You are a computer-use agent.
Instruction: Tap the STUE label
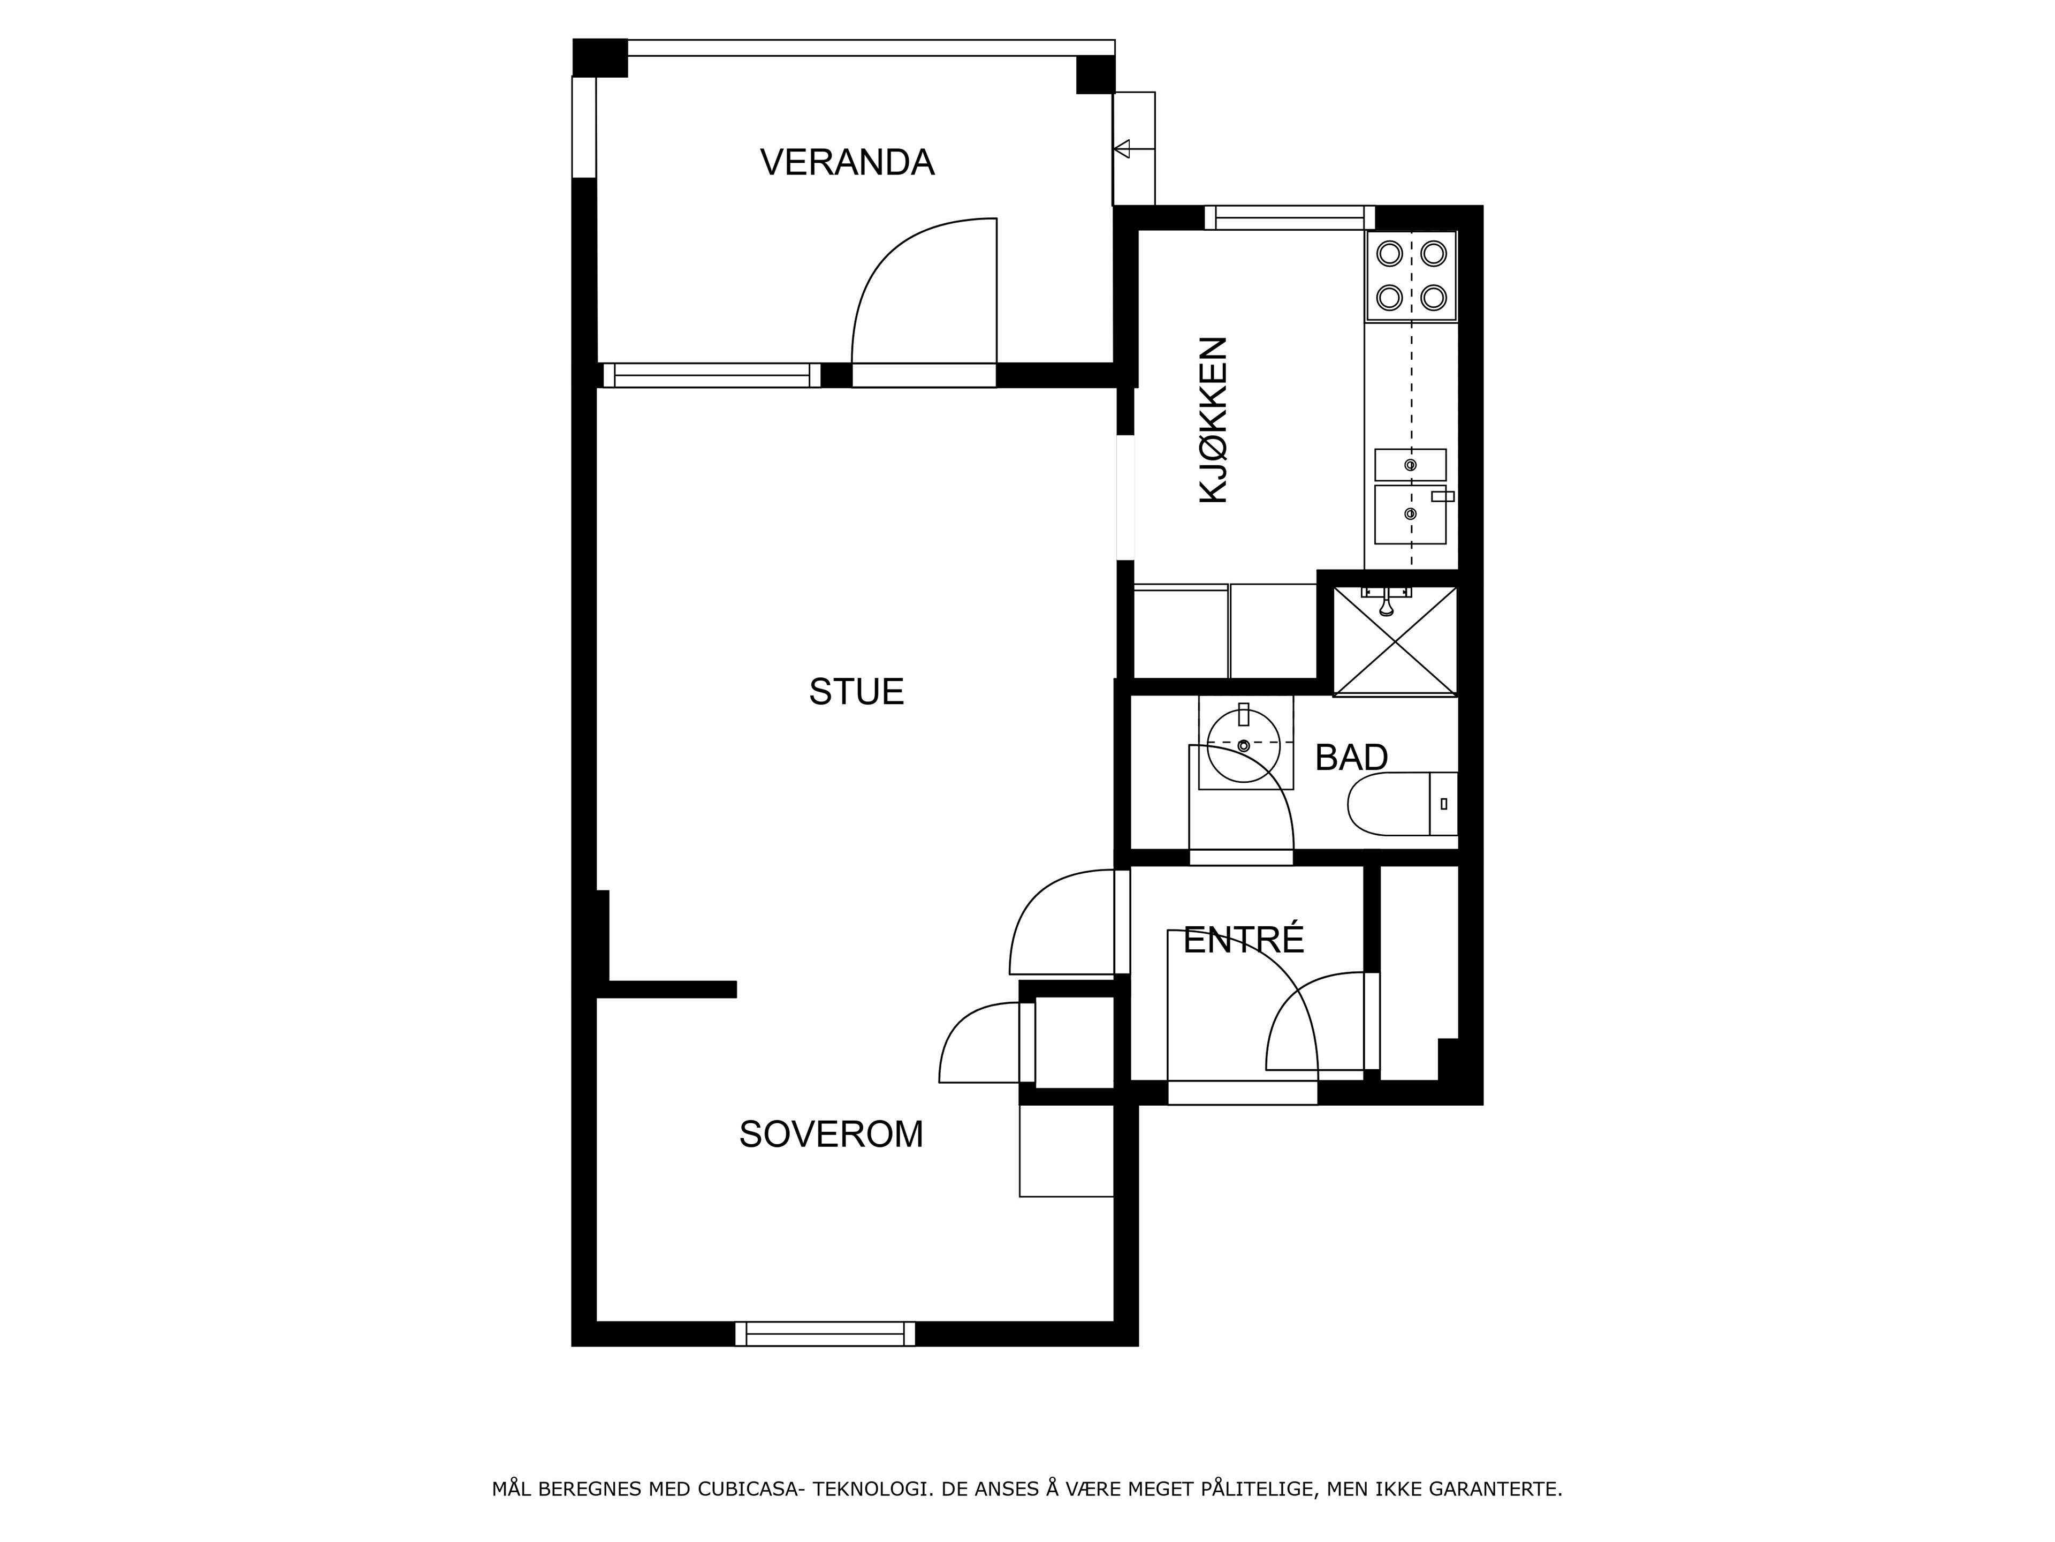(x=856, y=692)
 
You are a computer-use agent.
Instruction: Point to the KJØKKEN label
(x=1213, y=420)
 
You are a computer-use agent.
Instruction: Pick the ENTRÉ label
(x=1243, y=940)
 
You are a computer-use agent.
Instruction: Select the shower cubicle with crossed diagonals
(x=1395, y=641)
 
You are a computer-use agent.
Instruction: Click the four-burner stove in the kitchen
(x=1411, y=276)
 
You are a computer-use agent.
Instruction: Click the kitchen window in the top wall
(x=1290, y=217)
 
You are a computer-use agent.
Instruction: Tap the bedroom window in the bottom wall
(x=825, y=1334)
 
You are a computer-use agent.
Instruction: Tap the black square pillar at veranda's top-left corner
(x=600, y=58)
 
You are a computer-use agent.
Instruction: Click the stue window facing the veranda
(x=712, y=375)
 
